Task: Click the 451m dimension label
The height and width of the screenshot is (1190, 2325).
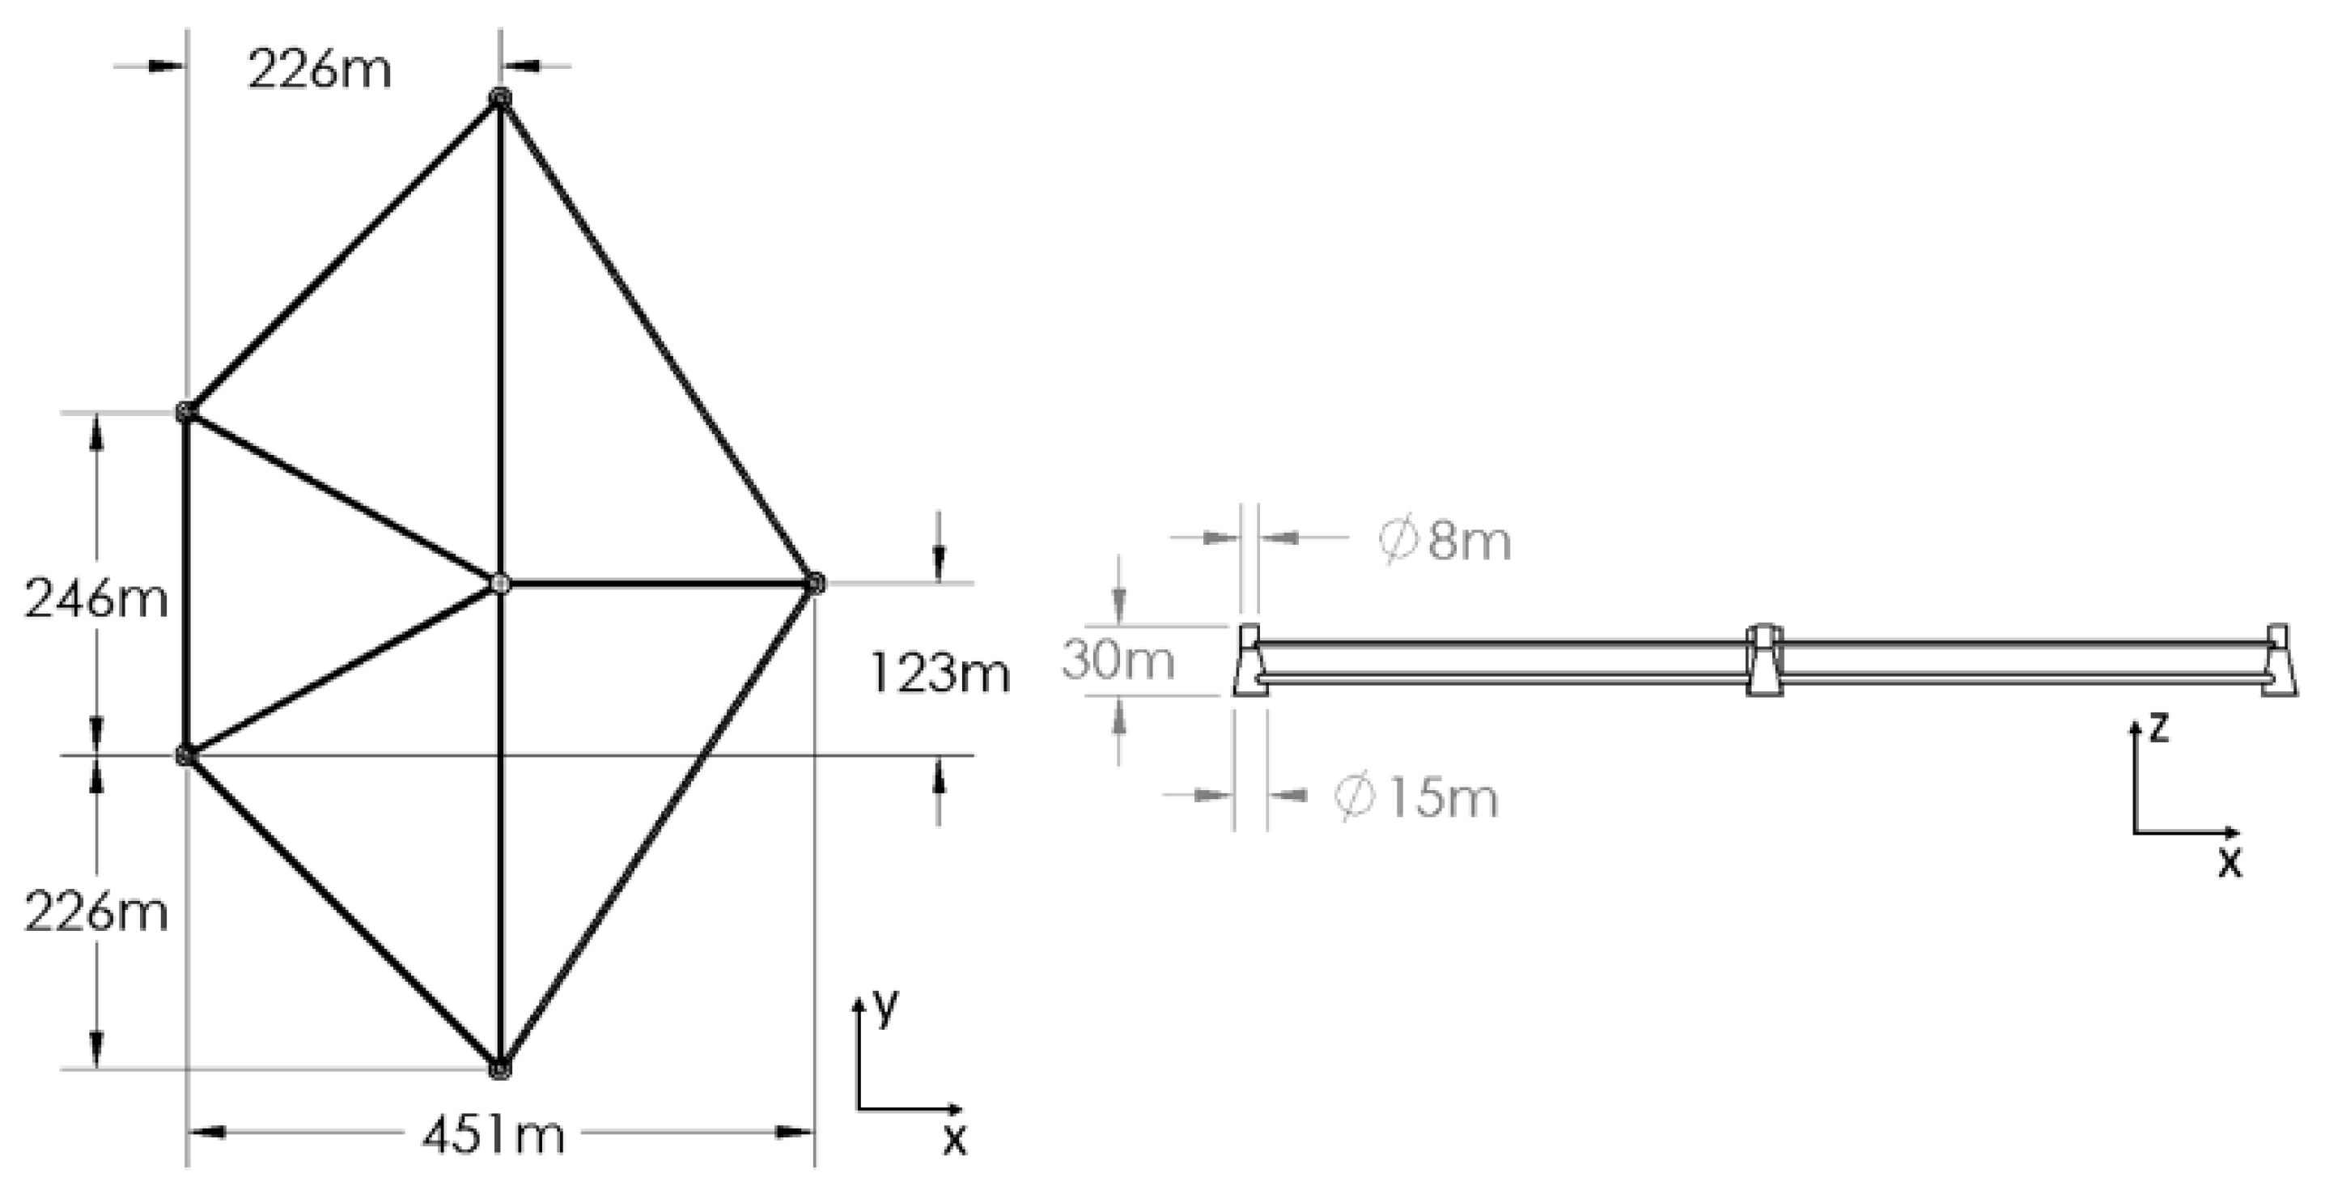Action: point(493,1134)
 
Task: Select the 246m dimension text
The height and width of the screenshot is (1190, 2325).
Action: point(95,598)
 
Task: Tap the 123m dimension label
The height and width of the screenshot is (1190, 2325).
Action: point(939,674)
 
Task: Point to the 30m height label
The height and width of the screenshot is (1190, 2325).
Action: point(1118,659)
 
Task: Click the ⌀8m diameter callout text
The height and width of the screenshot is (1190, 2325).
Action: point(1444,542)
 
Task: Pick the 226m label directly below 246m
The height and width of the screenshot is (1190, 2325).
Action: point(95,913)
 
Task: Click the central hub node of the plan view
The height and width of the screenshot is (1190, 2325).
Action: point(500,584)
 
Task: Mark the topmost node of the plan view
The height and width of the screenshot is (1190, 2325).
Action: point(500,97)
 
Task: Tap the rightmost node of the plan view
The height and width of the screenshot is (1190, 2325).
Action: point(814,584)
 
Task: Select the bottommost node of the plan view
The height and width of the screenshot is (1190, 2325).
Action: point(500,1069)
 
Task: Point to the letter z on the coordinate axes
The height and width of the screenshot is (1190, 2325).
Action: point(2158,726)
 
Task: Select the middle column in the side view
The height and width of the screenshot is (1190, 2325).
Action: point(1763,660)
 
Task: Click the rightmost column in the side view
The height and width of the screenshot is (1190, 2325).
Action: point(2278,660)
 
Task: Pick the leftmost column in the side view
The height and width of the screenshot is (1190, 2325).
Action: point(1250,660)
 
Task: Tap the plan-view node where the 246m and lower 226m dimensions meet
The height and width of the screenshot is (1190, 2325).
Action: point(185,754)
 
